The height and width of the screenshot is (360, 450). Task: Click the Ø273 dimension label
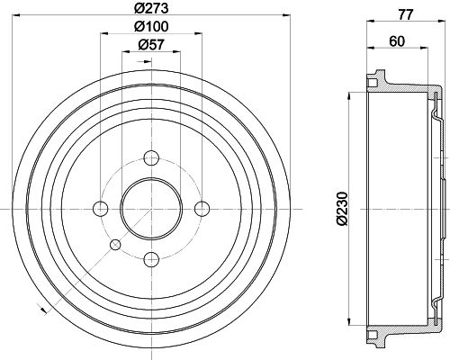pyautogui.click(x=151, y=8)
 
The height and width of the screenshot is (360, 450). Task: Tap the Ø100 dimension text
pyautogui.click(x=151, y=27)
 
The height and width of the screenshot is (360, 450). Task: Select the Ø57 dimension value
pyautogui.click(x=151, y=45)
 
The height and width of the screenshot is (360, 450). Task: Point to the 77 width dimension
pyautogui.click(x=406, y=14)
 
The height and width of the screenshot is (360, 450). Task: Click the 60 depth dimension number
pyautogui.click(x=397, y=41)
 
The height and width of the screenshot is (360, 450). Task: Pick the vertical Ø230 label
pyautogui.click(x=342, y=209)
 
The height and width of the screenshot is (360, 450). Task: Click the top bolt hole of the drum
pyautogui.click(x=151, y=157)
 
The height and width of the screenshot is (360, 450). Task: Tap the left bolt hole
pyautogui.click(x=101, y=209)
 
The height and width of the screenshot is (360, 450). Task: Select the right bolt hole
pyautogui.click(x=202, y=209)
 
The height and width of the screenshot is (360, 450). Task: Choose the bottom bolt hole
pyautogui.click(x=151, y=259)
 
